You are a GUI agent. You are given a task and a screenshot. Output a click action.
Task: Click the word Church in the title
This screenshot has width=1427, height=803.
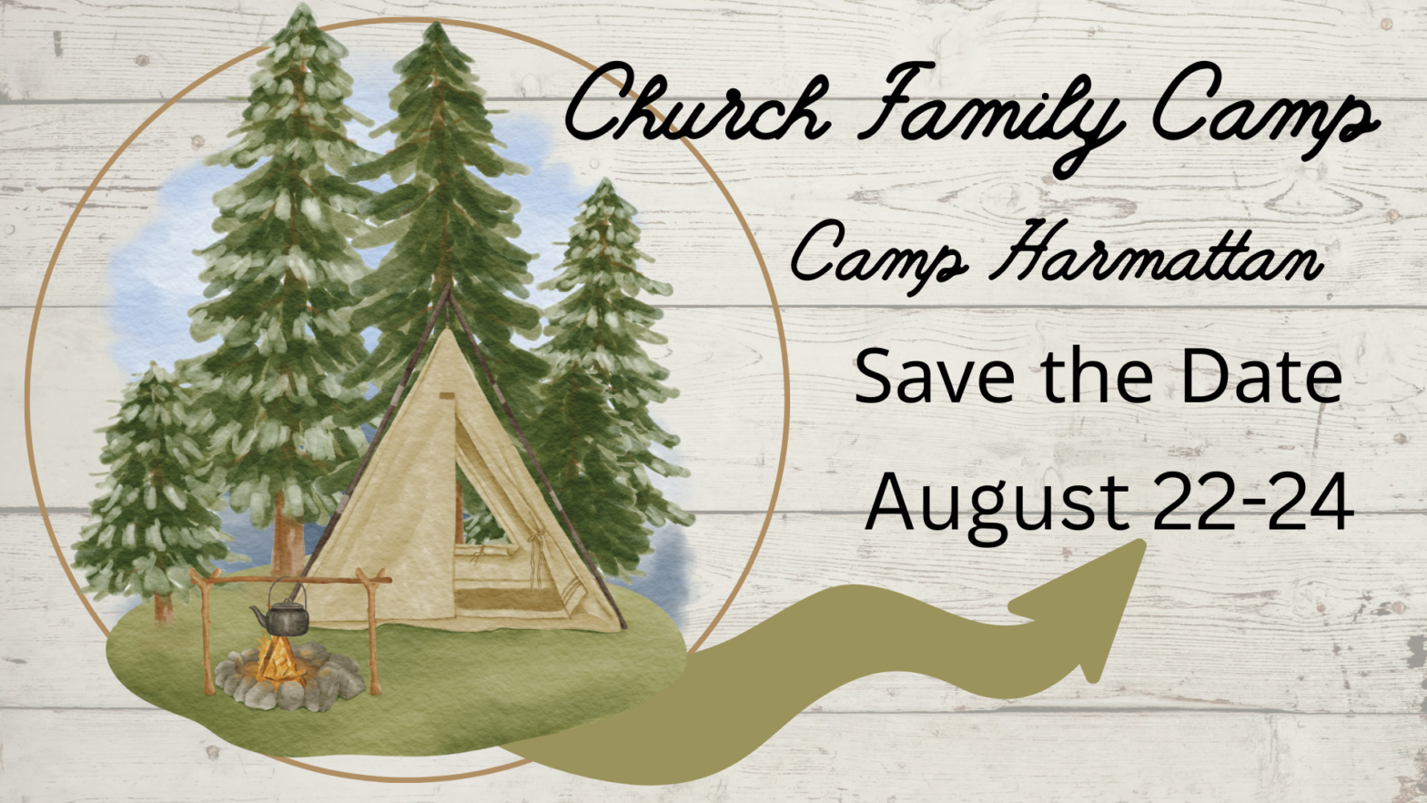(x=697, y=103)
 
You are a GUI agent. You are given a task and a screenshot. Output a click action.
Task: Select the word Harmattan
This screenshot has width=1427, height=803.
(x=1154, y=251)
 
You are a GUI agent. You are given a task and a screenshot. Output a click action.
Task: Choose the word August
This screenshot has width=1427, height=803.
(x=997, y=506)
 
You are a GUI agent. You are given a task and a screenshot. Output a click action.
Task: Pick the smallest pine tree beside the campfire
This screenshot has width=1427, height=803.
(x=152, y=491)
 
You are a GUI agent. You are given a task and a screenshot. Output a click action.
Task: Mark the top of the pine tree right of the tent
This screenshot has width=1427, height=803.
(x=604, y=181)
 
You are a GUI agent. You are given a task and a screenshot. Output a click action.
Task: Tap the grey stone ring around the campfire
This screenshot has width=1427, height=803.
(x=289, y=679)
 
